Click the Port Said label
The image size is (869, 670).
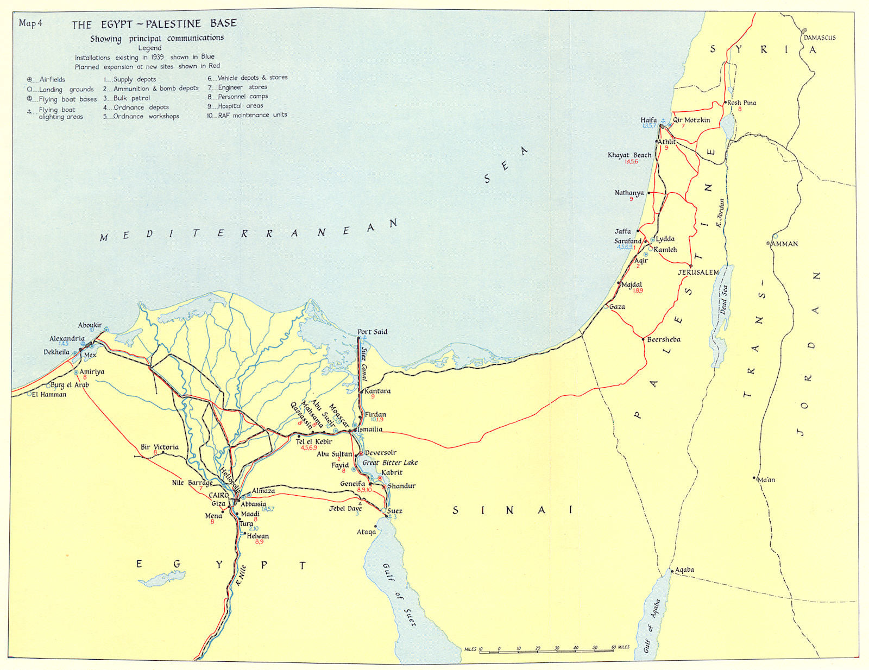click(x=372, y=332)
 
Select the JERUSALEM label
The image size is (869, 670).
click(x=698, y=272)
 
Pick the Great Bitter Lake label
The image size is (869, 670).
click(x=390, y=463)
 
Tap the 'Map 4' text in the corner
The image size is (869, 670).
click(x=30, y=23)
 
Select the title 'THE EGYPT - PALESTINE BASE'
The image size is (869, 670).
click(x=154, y=24)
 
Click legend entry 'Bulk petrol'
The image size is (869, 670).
click(x=131, y=98)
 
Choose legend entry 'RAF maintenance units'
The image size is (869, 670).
click(x=252, y=115)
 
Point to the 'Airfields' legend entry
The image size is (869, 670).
click(x=52, y=79)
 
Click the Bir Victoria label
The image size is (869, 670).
click(x=159, y=447)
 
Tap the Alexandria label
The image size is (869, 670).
click(x=67, y=338)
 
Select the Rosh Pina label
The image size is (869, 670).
click(x=741, y=103)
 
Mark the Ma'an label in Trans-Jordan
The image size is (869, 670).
click(x=766, y=479)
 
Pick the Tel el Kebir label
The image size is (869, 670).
click(x=313, y=441)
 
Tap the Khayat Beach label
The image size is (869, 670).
click(x=629, y=155)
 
